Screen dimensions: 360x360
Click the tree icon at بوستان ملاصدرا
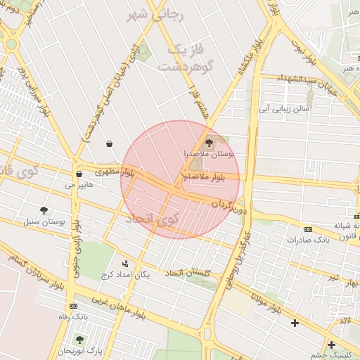point(209,142)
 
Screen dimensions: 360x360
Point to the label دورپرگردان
point(229,206)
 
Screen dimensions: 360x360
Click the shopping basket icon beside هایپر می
point(78,174)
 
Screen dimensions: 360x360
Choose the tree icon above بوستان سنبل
point(44,210)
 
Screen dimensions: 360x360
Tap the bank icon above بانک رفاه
point(74,307)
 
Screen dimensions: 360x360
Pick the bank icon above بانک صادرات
point(308,229)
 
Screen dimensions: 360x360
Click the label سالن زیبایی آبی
point(282,109)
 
